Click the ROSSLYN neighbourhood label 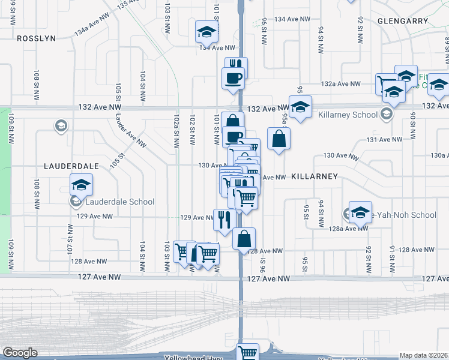coord(36,38)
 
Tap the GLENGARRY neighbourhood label coord(403,21)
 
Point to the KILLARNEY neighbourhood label coord(315,176)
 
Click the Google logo coord(19,353)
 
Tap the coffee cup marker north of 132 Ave coord(233,77)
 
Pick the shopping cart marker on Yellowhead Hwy coord(247,352)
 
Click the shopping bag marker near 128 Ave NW coord(244,239)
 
